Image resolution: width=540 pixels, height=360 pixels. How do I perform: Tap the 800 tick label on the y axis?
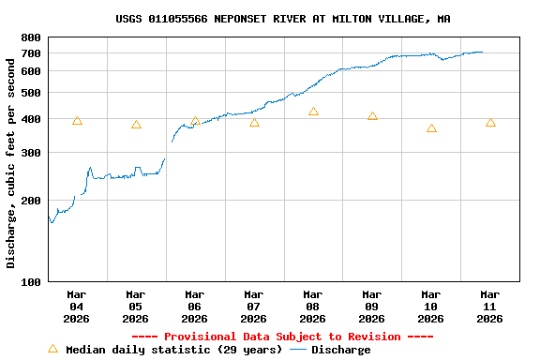click(30, 37)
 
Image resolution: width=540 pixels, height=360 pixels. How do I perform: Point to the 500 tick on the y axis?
click(30, 93)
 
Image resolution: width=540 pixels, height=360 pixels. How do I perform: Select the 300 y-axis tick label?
click(30, 153)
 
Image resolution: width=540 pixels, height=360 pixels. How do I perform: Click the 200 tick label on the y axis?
click(30, 201)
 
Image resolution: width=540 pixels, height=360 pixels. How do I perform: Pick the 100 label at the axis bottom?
click(30, 281)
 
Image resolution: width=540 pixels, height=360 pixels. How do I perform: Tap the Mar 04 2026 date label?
click(77, 307)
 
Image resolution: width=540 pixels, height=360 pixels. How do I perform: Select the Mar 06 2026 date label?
click(194, 307)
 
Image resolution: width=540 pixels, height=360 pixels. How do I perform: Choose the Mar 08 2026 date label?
click(312, 307)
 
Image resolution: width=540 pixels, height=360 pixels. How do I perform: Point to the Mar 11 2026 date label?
click(489, 307)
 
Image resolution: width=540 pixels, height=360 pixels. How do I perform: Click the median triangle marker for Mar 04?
click(77, 121)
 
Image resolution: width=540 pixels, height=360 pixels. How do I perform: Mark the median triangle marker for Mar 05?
click(136, 125)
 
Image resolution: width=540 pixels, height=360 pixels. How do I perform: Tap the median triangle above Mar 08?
click(313, 112)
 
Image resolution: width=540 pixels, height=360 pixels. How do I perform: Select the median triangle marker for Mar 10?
click(431, 128)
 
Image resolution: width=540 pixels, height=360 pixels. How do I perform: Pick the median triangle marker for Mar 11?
click(490, 123)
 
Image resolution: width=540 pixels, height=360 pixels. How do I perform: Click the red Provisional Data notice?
click(282, 337)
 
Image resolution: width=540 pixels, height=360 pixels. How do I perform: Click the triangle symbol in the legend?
click(53, 349)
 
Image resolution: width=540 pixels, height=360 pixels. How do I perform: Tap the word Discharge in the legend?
click(340, 350)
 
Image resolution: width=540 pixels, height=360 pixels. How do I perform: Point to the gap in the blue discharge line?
click(169, 150)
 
